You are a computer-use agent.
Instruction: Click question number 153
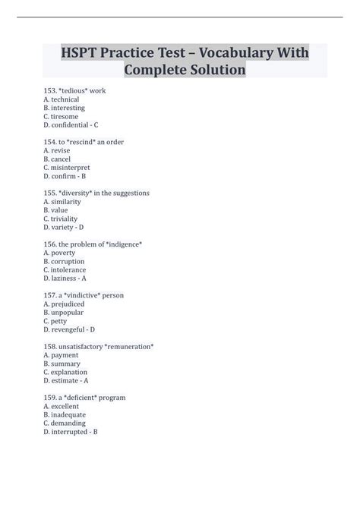(x=50, y=91)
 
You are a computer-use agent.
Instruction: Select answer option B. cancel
(x=58, y=159)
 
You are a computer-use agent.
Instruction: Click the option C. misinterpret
(x=67, y=167)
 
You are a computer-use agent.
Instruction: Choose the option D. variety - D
(x=64, y=227)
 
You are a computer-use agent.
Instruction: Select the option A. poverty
(x=61, y=253)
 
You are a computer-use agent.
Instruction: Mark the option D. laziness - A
(x=65, y=278)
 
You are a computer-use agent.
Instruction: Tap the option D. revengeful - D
(x=69, y=329)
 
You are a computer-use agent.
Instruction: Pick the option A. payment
(x=61, y=354)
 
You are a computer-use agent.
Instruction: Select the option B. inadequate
(x=65, y=414)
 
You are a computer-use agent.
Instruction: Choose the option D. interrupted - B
(x=71, y=432)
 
